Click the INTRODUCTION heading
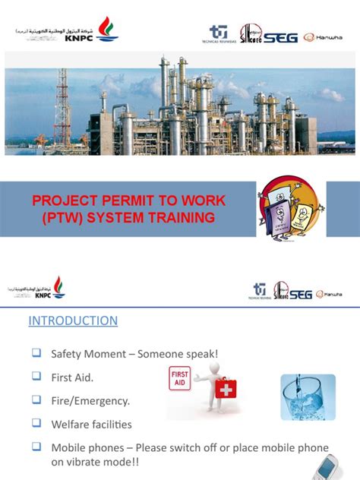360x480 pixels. [x=73, y=321]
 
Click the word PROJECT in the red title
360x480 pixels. [x=66, y=202]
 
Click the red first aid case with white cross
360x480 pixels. [x=224, y=390]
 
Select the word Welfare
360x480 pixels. [x=71, y=424]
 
